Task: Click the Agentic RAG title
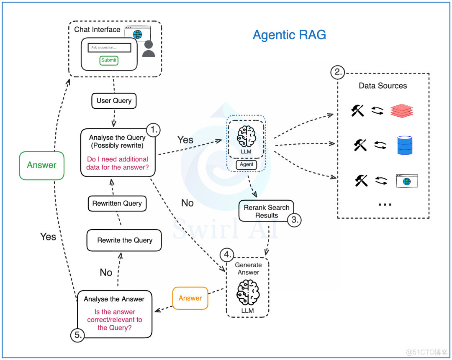pos(289,35)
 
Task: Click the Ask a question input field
pos(109,48)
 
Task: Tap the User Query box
pos(114,100)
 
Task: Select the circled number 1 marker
pos(153,130)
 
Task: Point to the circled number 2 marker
pos(337,73)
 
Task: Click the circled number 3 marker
pos(294,220)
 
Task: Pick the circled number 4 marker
pos(227,254)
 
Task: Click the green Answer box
pos(42,165)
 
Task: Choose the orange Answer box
pos(190,298)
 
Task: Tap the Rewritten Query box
pos(117,204)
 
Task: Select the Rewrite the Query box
pos(124,240)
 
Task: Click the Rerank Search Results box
pos(266,211)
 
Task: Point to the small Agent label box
pos(247,164)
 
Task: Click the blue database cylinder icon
pos(405,145)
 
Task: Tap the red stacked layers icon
pos(401,110)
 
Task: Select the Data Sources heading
pos(383,86)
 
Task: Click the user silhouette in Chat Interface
pos(149,49)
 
